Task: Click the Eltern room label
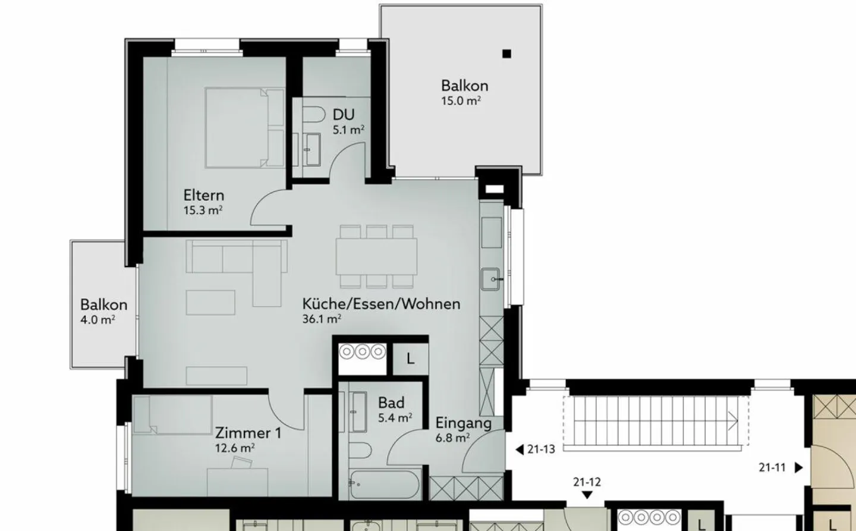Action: point(203,195)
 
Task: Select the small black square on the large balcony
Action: point(506,54)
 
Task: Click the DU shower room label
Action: point(344,114)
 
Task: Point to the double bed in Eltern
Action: point(244,127)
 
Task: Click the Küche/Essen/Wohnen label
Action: point(381,304)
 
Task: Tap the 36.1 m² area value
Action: point(322,319)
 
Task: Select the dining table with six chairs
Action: point(376,256)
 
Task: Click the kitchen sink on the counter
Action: point(492,279)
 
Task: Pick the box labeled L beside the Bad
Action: point(410,359)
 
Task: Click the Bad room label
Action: point(391,403)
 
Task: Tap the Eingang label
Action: point(463,423)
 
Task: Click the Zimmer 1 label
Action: point(248,432)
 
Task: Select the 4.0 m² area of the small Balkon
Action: point(98,320)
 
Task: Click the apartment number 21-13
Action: point(540,450)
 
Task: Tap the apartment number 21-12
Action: point(587,482)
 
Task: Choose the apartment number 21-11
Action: point(773,468)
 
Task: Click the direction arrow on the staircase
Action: point(732,421)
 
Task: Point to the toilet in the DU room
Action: point(313,114)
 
